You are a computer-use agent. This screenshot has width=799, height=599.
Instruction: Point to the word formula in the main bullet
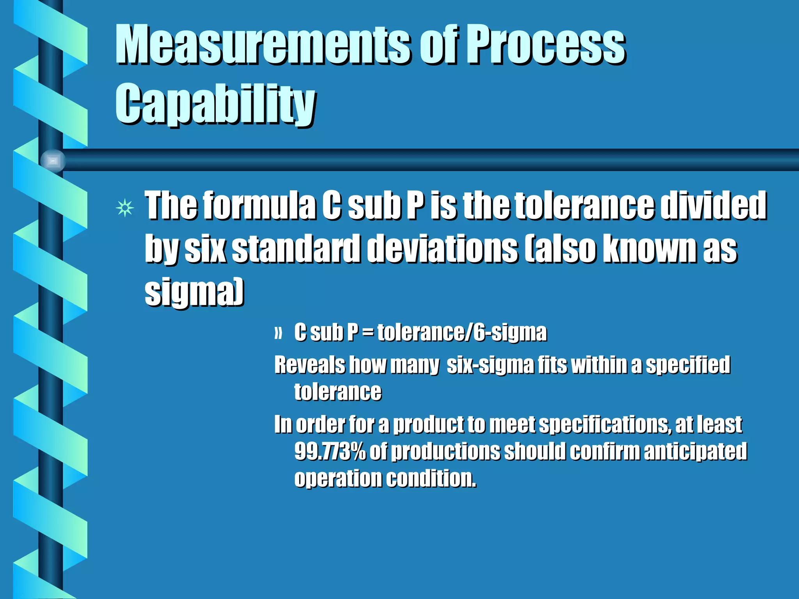259,206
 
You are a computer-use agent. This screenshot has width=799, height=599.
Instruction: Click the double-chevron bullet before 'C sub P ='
278,334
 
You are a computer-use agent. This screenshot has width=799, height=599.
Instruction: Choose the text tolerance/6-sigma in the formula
462,333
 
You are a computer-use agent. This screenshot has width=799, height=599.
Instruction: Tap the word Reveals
310,365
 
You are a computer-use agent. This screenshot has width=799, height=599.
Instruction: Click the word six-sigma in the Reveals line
490,365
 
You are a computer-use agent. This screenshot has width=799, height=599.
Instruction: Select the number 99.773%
330,452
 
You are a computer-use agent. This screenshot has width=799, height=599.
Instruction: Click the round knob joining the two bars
53,161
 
